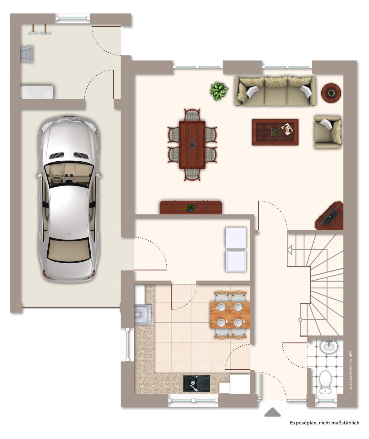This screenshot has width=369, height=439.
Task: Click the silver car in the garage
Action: tap(69, 199)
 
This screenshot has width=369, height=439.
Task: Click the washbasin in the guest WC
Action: tap(329, 346)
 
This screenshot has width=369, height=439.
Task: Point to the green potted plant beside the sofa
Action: tap(219, 91)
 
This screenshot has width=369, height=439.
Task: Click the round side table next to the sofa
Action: tap(331, 93)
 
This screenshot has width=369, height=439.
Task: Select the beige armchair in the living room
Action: tap(328, 132)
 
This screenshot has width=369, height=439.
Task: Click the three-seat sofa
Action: tap(275, 91)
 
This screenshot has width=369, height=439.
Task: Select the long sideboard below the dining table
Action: tap(191, 207)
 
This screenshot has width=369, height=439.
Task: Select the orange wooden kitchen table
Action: tap(230, 315)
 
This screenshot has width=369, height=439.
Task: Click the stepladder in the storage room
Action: tap(27, 54)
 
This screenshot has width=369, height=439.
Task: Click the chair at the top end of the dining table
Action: tap(192, 115)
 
